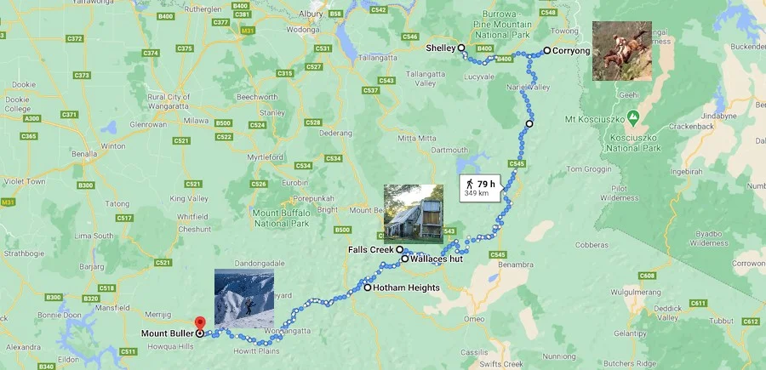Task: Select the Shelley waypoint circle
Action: pos(461,48)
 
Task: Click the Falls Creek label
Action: pos(370,250)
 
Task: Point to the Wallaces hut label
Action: pos(436,259)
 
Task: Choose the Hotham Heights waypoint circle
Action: pos(368,288)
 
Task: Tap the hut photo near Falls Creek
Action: pos(414,213)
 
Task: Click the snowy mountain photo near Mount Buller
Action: pos(244,299)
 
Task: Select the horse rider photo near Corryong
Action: pos(623,51)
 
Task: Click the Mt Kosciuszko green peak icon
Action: pos(632,116)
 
